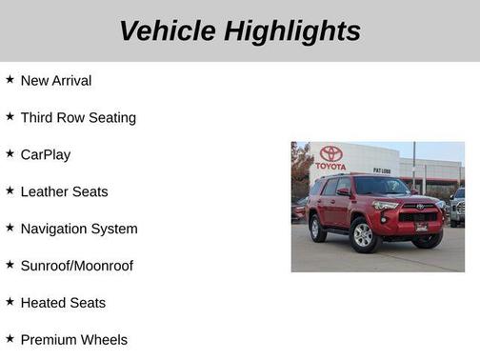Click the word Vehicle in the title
coord(168,30)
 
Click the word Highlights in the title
coord(292,30)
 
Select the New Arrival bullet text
coord(56,81)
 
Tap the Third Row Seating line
coord(78,118)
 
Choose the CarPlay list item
coord(46,154)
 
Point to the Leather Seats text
coord(64,191)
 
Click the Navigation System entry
coord(79,229)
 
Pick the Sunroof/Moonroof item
coord(77,266)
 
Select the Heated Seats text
coord(63,303)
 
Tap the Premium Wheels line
coord(73,339)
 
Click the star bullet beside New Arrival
coord(10,80)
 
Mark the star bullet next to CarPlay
coord(10,153)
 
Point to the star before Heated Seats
coord(10,302)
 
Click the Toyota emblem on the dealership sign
coord(330,153)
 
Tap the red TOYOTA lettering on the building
coord(330,167)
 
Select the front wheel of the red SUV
coord(364,233)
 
